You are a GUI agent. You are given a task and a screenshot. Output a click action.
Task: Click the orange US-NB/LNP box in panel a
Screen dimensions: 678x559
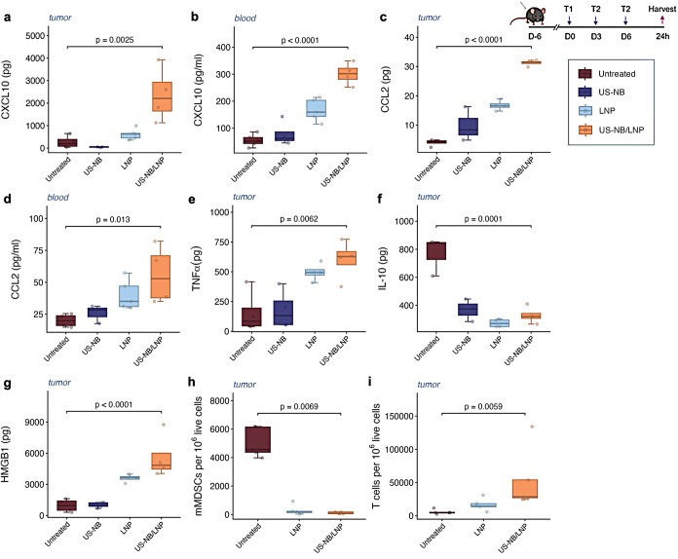pos(162,96)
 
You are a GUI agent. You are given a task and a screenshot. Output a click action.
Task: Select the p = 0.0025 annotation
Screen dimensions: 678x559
pos(115,40)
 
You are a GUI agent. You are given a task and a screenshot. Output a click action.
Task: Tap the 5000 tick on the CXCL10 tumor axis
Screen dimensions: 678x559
pos(35,35)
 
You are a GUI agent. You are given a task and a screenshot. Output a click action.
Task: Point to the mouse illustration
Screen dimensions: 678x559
pos(529,17)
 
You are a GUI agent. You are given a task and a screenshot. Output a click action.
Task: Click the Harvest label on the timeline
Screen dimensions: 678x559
pos(661,9)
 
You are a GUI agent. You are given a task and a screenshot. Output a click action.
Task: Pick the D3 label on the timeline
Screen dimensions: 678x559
pos(596,36)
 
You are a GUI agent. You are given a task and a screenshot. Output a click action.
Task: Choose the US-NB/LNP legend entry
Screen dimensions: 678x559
pos(611,130)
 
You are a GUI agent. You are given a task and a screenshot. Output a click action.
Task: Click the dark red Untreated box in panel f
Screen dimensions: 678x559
pos(436,250)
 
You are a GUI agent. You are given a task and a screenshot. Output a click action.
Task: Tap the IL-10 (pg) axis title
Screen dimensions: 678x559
pos(383,268)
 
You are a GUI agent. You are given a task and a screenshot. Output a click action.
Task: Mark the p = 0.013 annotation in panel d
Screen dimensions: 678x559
pos(113,220)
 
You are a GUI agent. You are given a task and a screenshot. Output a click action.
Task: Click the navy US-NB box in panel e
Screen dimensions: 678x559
pos(283,313)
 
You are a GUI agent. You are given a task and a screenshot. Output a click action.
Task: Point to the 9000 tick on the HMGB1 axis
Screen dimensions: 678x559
pos(35,422)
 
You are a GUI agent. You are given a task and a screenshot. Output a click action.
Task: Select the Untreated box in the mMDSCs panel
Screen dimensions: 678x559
pos(258,439)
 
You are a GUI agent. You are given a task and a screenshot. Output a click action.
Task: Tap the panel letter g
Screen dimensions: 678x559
pos(8,384)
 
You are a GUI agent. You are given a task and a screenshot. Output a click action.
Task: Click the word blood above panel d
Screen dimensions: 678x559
pos(57,197)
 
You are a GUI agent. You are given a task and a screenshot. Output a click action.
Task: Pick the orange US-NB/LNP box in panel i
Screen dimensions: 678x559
pos(525,489)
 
